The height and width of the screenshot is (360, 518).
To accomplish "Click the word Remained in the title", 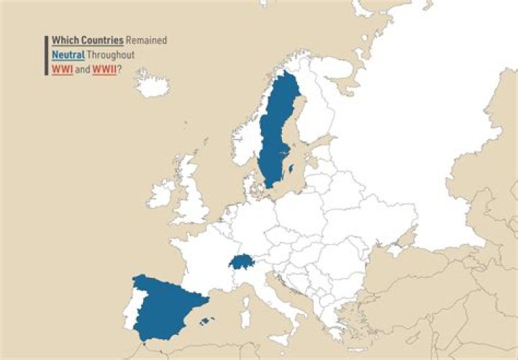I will pyautogui.click(x=146, y=40).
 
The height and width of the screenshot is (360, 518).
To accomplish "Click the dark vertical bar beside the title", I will pyautogui.click(x=47, y=55).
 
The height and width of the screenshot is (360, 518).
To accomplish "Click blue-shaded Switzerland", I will pyautogui.click(x=242, y=261).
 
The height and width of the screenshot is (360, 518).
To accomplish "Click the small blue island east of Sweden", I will pyautogui.click(x=291, y=169).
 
